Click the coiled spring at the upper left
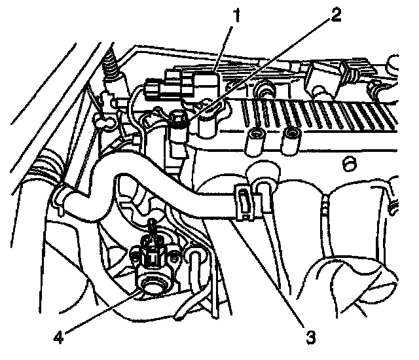(112, 65)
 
